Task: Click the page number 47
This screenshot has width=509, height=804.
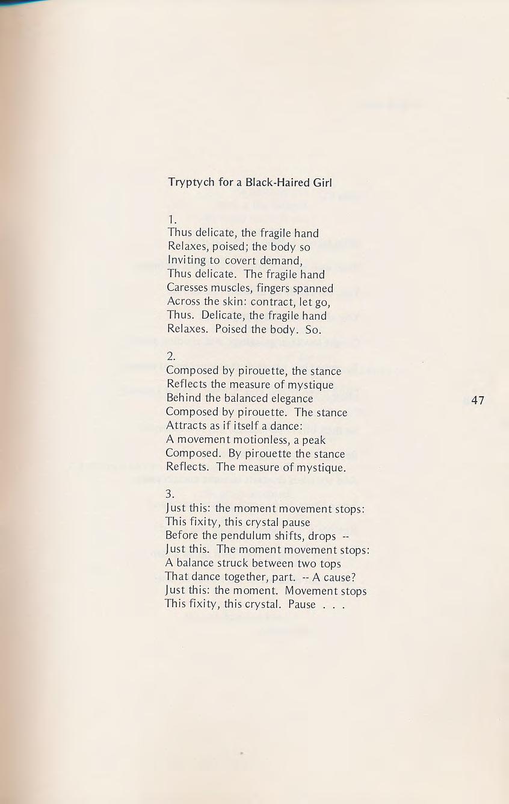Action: [x=478, y=400]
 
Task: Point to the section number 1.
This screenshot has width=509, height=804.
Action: [x=171, y=218]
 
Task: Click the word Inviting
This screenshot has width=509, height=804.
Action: [x=187, y=260]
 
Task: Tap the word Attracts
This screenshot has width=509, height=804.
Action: [x=187, y=426]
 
